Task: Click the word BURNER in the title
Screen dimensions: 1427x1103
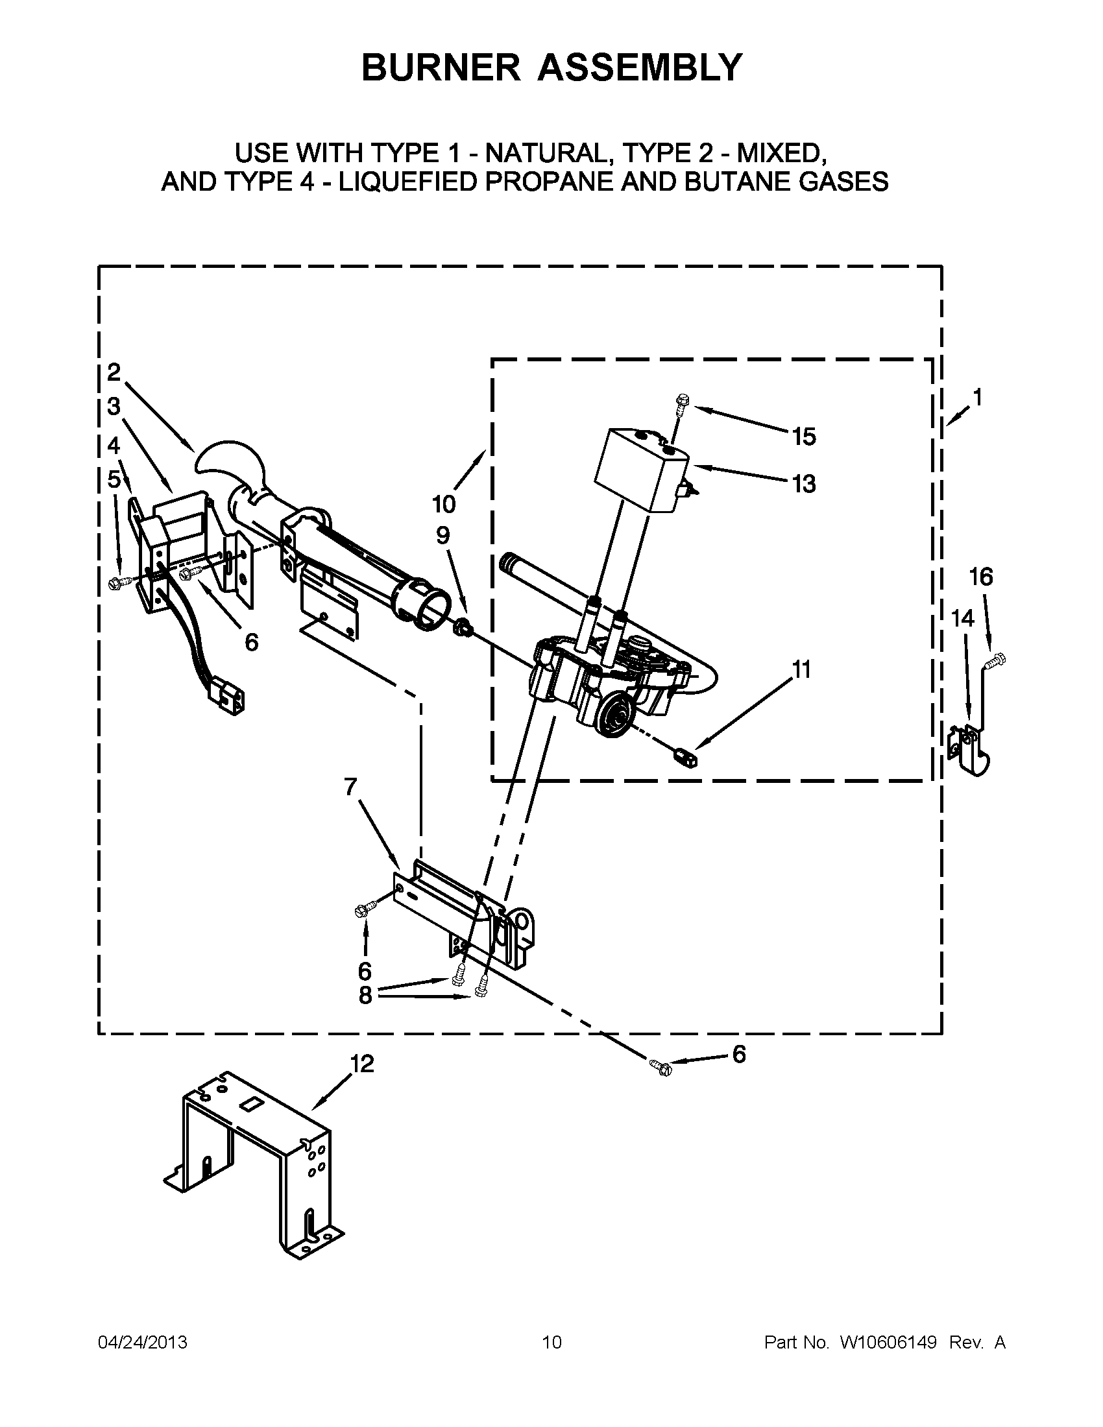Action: tap(441, 67)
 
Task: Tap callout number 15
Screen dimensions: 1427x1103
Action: tap(805, 437)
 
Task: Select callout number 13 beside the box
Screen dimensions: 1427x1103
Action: tap(805, 484)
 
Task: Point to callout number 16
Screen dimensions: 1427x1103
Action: tap(981, 577)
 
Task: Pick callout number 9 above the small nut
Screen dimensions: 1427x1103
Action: tap(443, 536)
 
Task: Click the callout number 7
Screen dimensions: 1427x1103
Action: tap(351, 787)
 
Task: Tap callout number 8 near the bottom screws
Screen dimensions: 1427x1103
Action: tap(365, 995)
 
